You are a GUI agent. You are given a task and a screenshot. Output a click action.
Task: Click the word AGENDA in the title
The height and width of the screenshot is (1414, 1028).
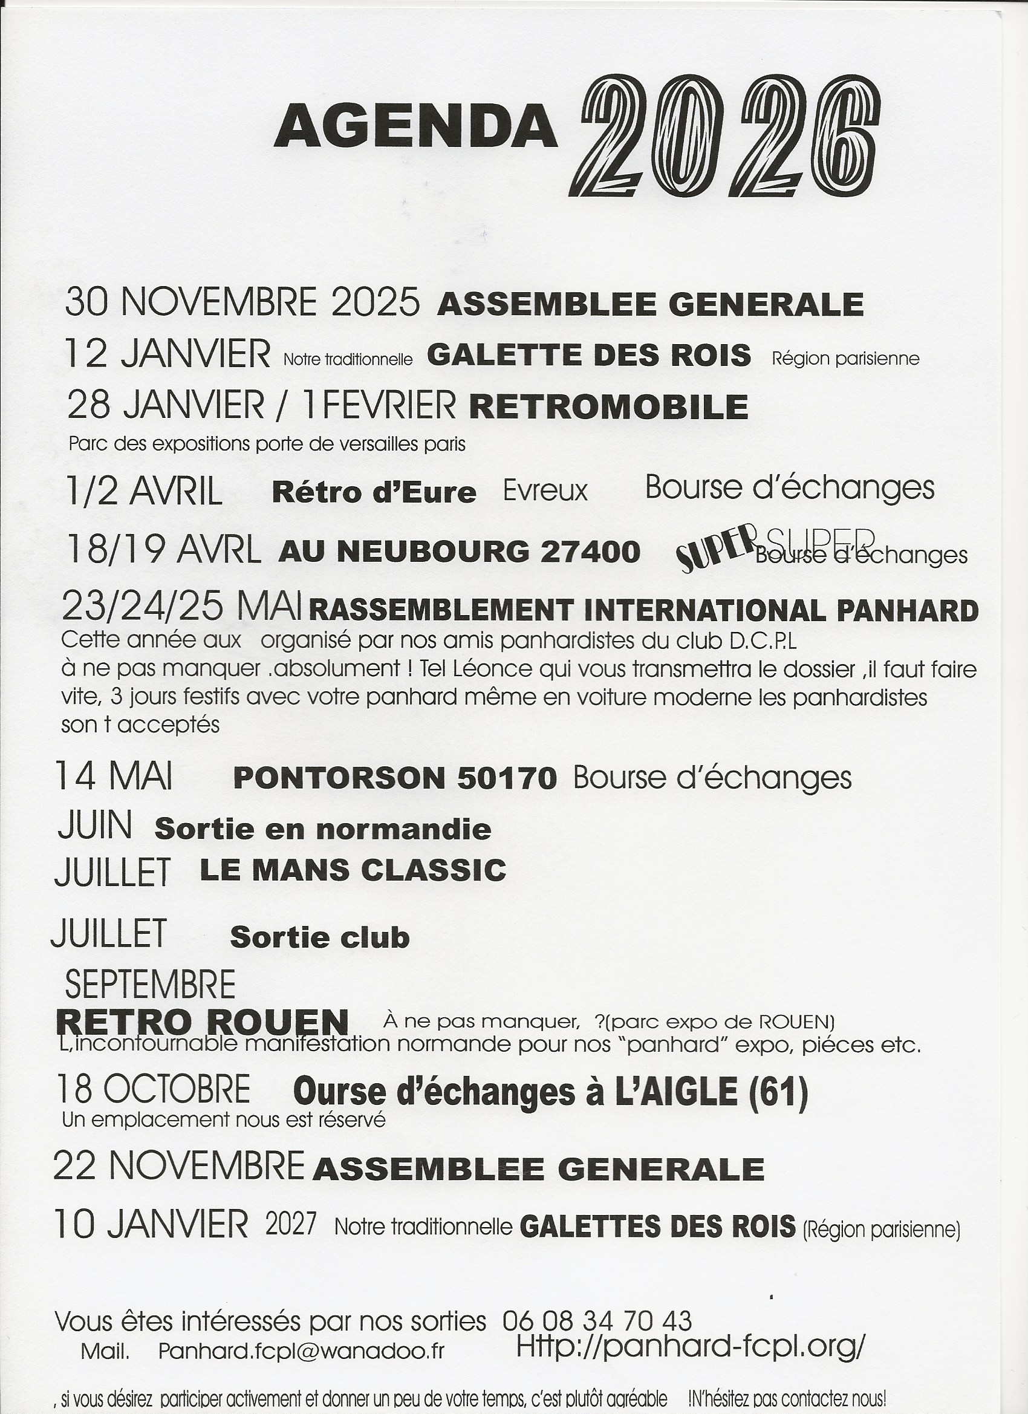[415, 126]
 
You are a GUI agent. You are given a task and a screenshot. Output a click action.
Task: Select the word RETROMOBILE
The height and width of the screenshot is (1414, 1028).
[608, 407]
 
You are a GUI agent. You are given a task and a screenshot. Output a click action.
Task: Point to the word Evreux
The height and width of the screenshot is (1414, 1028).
[545, 491]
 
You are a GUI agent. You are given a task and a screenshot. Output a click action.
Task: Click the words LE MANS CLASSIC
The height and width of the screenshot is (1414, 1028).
[353, 870]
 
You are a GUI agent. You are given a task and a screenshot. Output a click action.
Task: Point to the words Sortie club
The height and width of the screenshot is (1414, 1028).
[319, 937]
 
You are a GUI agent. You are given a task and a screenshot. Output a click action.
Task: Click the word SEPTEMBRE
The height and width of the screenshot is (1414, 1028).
[150, 985]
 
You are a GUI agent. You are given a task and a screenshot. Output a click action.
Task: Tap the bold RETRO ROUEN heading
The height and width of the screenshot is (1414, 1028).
[202, 1023]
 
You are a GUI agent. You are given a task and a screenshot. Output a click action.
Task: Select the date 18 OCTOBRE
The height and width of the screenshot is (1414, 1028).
[154, 1089]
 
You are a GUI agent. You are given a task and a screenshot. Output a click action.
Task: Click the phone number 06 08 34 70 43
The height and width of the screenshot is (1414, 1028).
[597, 1321]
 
